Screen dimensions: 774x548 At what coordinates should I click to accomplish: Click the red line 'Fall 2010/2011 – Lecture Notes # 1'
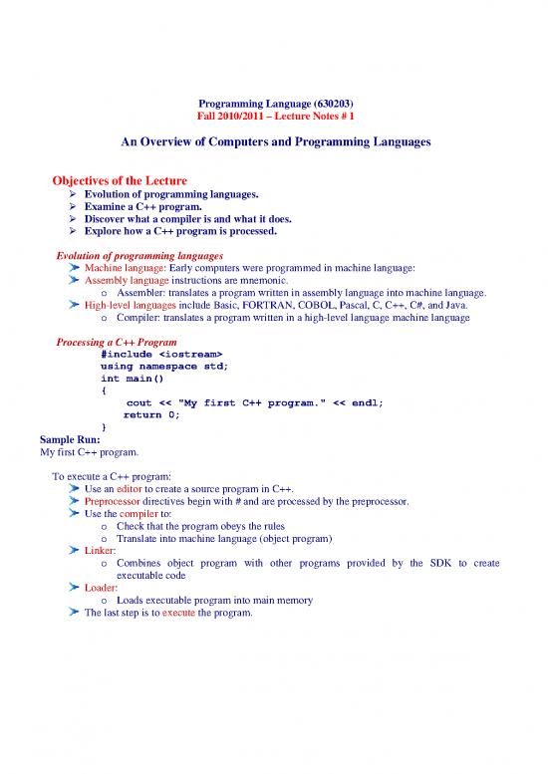click(x=273, y=118)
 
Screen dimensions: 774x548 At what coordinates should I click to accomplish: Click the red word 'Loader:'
click(x=103, y=588)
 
